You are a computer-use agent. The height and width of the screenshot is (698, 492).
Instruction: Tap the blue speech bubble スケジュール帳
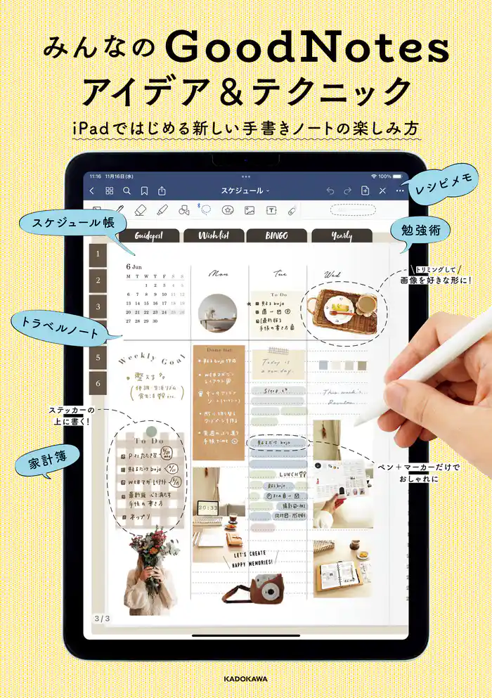(75, 223)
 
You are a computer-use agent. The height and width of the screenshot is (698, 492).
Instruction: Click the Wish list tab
(213, 236)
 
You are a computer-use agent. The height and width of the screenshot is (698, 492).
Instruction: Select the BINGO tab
(276, 236)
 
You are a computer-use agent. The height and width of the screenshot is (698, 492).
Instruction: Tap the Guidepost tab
(148, 236)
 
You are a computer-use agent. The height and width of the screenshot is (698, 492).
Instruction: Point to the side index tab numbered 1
(98, 255)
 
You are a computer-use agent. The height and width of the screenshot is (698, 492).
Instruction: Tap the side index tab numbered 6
(98, 383)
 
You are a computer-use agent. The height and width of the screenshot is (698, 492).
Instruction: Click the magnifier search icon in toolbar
(127, 190)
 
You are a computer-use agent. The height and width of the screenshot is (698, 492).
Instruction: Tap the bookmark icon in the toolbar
(144, 190)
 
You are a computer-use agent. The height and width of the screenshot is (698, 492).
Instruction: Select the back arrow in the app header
(92, 190)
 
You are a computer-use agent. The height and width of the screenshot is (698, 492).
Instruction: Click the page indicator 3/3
(101, 618)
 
